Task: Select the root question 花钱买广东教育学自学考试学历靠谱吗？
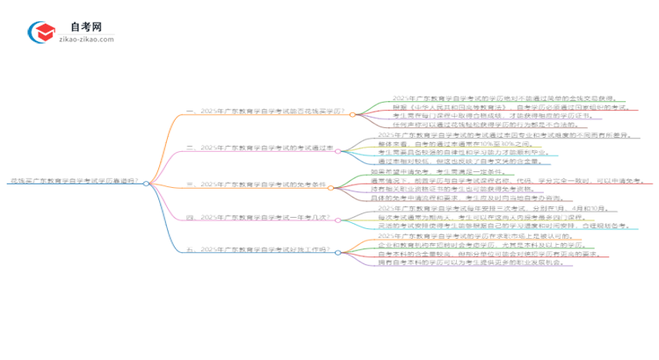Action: pyautogui.click(x=75, y=183)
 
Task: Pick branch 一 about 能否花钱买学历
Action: pyautogui.click(x=264, y=113)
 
